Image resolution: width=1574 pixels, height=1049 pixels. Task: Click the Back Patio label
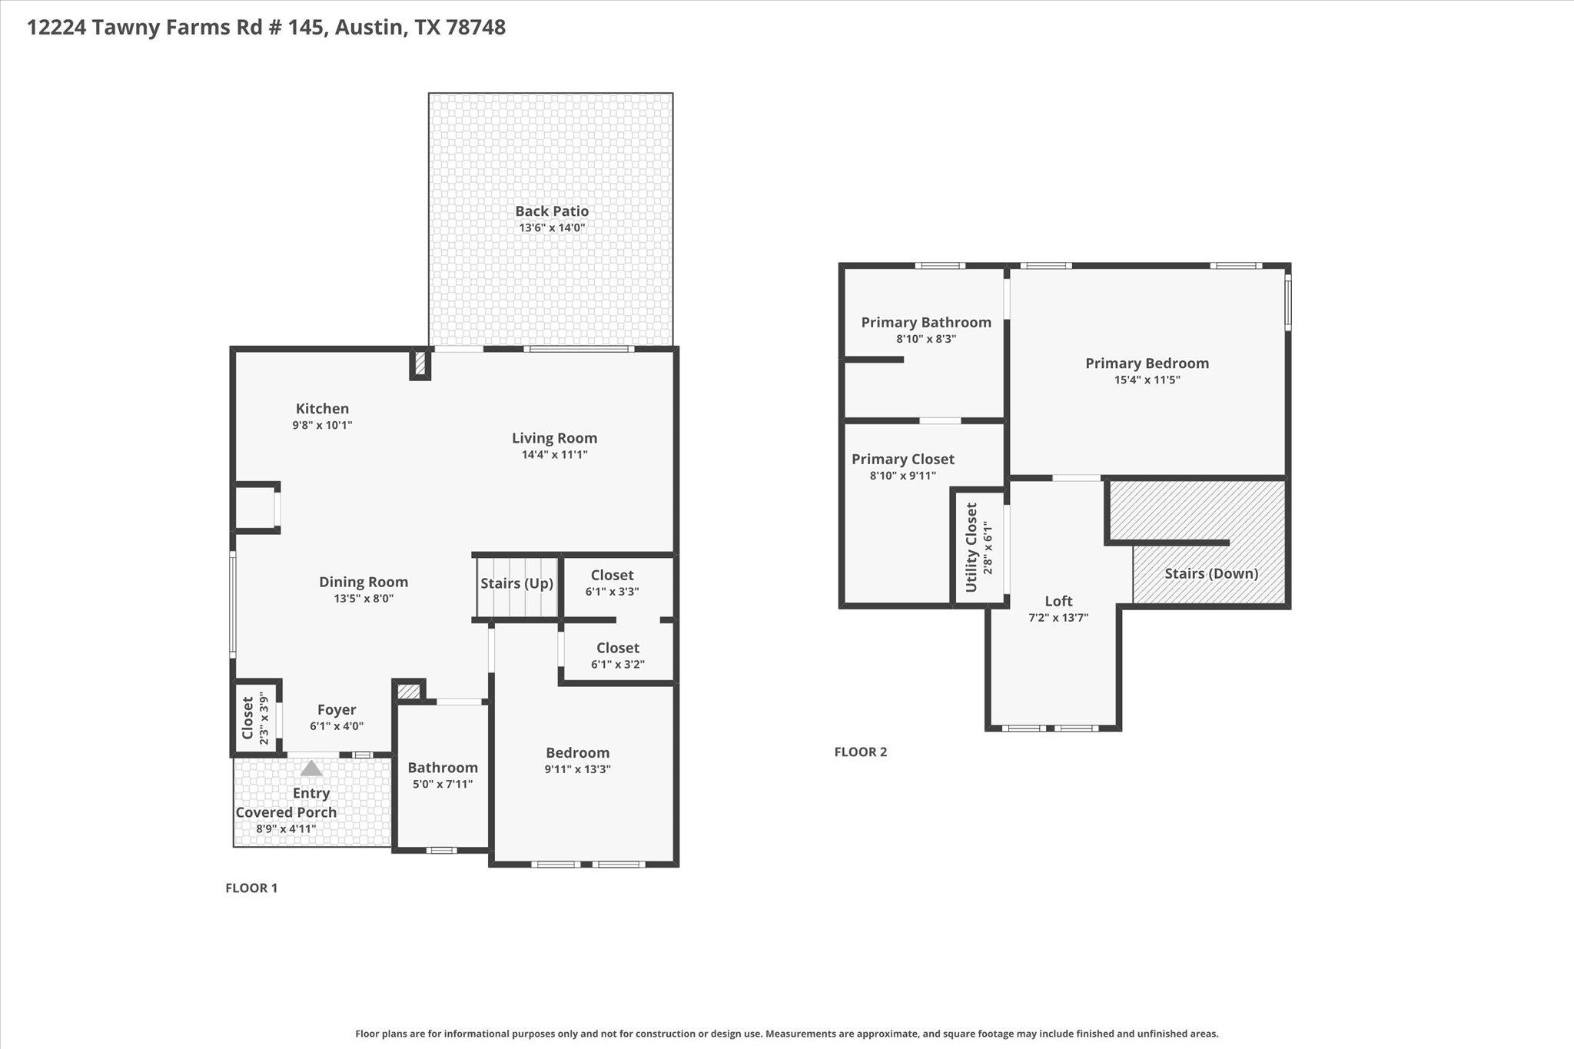click(552, 211)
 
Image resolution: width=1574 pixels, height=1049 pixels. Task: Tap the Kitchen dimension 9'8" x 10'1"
click(322, 425)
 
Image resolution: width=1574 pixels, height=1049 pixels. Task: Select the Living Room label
click(554, 438)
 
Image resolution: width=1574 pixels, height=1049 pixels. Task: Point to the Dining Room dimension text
click(364, 599)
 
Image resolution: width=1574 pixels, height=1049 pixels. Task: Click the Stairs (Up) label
click(516, 583)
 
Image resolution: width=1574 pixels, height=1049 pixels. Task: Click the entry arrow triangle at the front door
click(311, 768)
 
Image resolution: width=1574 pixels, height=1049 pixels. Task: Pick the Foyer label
click(337, 709)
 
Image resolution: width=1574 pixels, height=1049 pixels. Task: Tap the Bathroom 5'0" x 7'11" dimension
click(443, 784)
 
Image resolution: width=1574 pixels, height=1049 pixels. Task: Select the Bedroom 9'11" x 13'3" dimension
click(578, 769)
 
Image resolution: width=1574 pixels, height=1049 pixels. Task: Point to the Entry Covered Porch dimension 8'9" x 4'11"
click(286, 829)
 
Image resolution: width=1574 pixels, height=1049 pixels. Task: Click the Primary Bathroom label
click(926, 322)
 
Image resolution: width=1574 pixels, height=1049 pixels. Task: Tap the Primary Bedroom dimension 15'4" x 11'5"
click(1147, 380)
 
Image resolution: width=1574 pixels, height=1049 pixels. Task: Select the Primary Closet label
click(903, 459)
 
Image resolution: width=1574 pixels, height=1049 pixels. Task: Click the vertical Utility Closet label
click(971, 547)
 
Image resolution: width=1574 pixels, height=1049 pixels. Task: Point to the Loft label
click(1058, 601)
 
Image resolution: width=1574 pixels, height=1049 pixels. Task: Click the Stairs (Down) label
click(1211, 573)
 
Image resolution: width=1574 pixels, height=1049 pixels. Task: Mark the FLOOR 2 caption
click(861, 752)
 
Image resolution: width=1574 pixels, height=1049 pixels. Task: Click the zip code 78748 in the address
click(476, 28)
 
